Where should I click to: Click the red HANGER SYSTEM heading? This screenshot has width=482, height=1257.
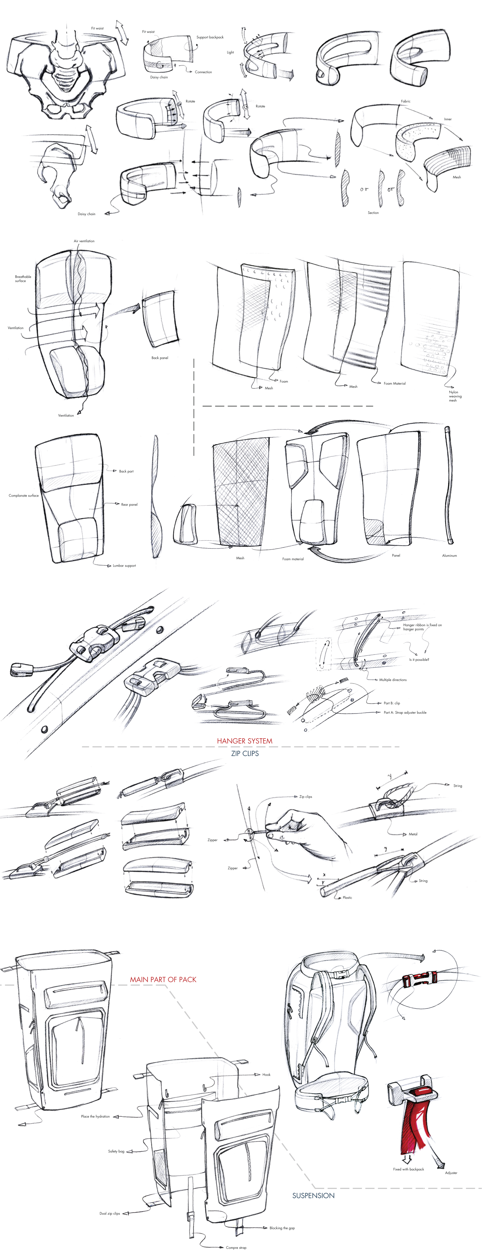coord(244,741)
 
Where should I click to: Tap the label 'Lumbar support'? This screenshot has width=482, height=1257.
coord(124,565)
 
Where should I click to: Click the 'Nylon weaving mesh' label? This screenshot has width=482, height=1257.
coord(455,396)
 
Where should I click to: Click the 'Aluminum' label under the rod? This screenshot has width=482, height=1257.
coord(449,555)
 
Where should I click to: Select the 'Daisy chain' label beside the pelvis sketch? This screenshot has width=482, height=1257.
coord(87,214)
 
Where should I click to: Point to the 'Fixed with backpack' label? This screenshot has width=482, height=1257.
coord(408,1169)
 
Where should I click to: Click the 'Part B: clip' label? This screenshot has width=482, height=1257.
coord(392,703)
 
